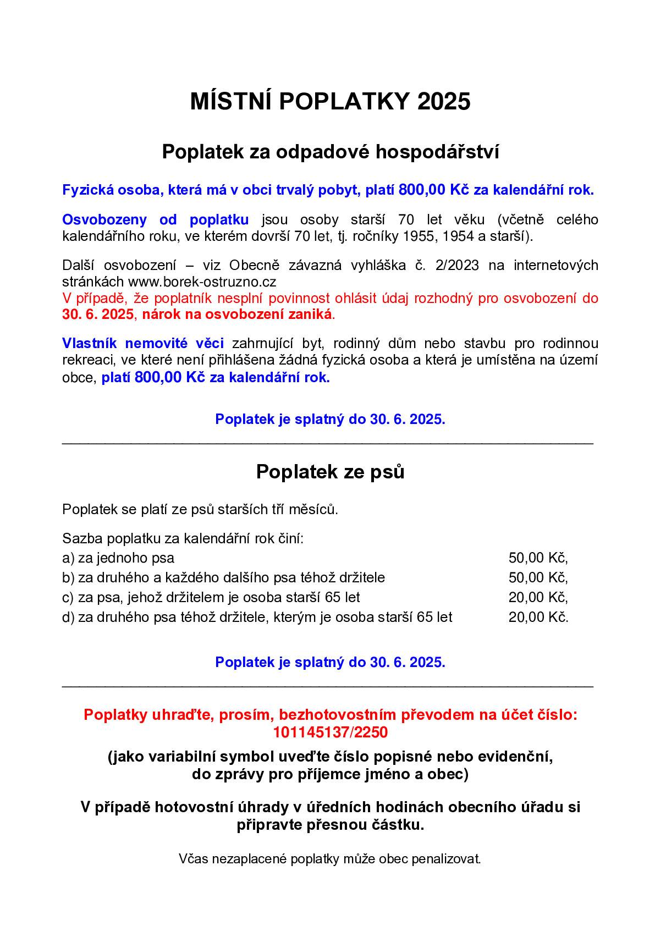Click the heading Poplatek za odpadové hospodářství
tap(330, 152)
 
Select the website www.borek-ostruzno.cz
tap(202, 282)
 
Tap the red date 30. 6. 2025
tap(97, 315)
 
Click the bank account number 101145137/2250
tap(330, 732)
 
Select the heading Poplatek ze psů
tap(330, 472)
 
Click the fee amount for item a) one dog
tap(538, 558)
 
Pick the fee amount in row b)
tap(538, 577)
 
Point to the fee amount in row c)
tap(538, 597)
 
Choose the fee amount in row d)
tap(538, 617)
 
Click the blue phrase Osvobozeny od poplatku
tap(155, 220)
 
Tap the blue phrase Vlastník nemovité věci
tap(143, 344)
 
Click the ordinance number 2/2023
tap(456, 266)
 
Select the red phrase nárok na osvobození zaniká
tap(238, 315)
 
